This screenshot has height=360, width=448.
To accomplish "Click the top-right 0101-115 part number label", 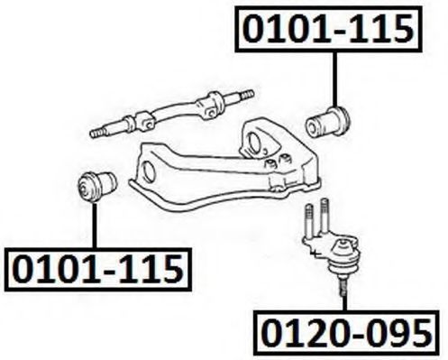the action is (328, 29).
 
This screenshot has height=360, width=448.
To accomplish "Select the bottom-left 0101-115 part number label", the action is (98, 270).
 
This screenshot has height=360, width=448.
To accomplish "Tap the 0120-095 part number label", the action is (346, 333).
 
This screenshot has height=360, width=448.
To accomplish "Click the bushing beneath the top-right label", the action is (328, 121).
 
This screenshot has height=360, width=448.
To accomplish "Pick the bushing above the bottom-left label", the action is (97, 186).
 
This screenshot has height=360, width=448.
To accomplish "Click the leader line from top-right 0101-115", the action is (334, 79).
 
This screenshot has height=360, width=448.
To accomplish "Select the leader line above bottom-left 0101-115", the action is (95, 226).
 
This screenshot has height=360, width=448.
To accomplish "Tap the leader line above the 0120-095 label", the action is (344, 303).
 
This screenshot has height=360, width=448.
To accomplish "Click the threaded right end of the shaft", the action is (246, 96).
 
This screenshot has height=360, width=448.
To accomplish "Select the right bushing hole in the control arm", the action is (254, 143).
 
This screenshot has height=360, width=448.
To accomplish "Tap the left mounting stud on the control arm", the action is (271, 164).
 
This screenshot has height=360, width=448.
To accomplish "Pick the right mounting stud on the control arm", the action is (285, 158).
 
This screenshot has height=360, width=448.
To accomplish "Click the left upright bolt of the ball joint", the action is (308, 219).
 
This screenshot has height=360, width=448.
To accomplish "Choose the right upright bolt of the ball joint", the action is (324, 215).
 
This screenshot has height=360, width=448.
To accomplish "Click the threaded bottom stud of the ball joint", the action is (343, 286).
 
